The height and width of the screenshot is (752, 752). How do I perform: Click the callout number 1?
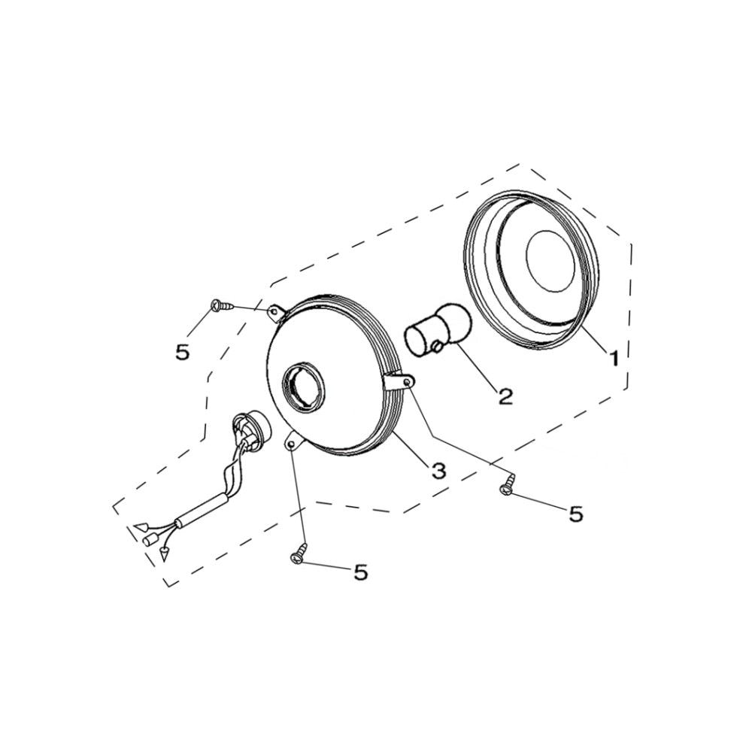coord(614,358)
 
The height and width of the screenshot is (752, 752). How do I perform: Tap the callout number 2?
coord(505,396)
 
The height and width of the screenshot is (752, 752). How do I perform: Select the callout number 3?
coord(438,471)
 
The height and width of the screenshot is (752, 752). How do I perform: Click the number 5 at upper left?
coord(182,353)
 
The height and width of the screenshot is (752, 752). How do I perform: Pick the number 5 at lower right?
coord(575,514)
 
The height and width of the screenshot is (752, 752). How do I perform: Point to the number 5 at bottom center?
coord(361,572)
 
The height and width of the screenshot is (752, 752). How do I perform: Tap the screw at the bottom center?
coord(299,553)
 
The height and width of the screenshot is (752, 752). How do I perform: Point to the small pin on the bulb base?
coord(436,346)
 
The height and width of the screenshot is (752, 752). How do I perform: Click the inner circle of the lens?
coord(550,261)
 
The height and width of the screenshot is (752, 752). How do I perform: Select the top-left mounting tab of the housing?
coord(277,312)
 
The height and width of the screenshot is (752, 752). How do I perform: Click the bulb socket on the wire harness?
coord(250,429)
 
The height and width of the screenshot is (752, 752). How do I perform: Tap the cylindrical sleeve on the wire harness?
coord(202,511)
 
